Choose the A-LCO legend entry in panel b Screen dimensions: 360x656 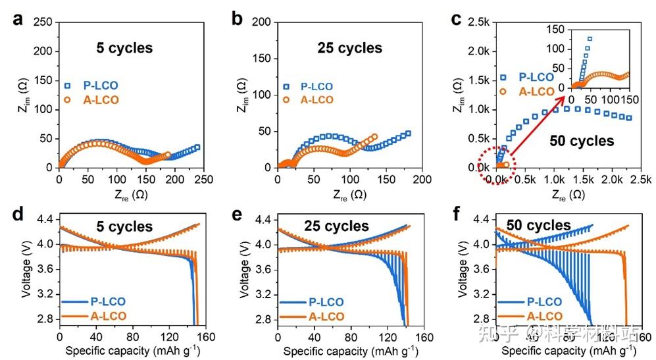point(316,100)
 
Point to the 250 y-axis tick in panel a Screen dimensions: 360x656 point(44,22)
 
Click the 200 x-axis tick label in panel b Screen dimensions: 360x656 point(422,180)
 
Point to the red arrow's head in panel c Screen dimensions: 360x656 point(566,97)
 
